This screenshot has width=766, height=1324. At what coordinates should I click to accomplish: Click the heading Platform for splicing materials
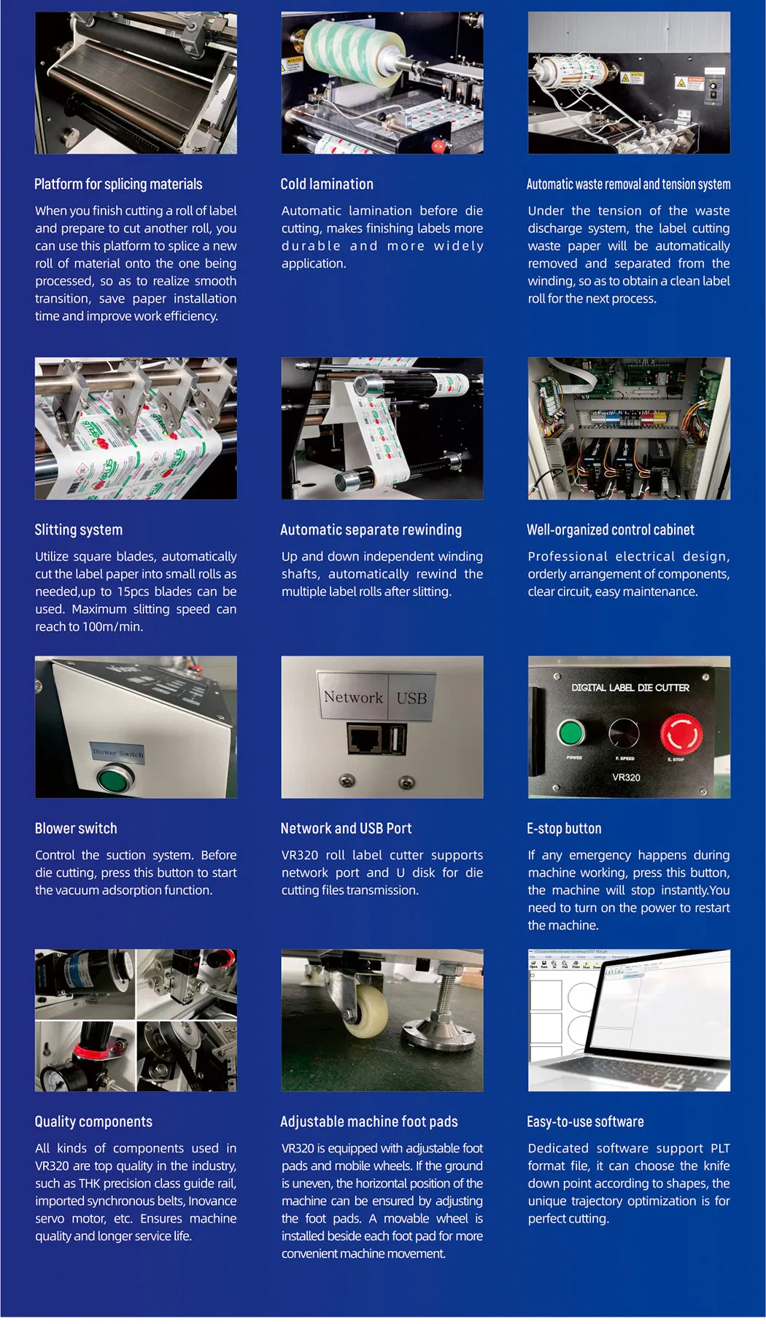point(118,185)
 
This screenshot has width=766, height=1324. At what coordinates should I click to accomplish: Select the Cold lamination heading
point(327,185)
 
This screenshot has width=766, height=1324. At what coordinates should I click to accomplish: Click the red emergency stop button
point(681,734)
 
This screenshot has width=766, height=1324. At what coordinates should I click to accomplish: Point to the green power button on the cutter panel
point(571,732)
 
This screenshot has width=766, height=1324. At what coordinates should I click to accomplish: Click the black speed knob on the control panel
point(624,733)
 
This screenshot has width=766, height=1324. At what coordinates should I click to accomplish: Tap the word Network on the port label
point(353,697)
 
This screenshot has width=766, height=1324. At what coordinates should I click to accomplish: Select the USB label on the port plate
point(411,698)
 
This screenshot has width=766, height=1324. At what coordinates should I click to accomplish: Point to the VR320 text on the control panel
point(626,778)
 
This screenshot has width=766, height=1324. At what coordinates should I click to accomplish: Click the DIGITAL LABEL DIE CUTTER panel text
point(630,687)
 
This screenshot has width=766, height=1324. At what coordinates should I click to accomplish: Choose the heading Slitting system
point(79,530)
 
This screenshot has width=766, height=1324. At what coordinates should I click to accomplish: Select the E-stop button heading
point(564,829)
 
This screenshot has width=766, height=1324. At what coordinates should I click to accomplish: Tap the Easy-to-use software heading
point(585,1122)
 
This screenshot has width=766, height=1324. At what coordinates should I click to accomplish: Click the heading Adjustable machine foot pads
point(369,1122)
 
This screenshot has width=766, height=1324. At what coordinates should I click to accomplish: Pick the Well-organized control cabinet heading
point(611,530)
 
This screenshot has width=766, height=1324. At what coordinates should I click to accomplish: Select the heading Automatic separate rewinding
point(371,530)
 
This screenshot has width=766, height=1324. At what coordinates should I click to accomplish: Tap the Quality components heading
point(93,1122)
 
